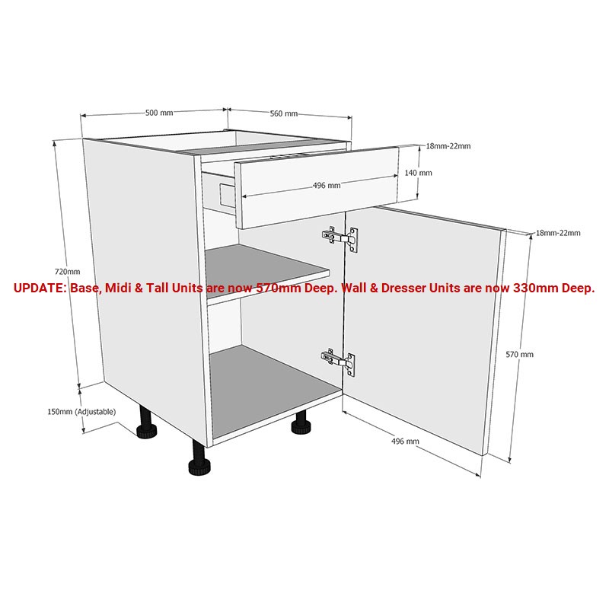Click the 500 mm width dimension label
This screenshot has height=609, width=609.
(x=159, y=113)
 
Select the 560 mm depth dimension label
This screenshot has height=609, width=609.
(x=284, y=113)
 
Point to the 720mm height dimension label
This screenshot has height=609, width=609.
(x=67, y=272)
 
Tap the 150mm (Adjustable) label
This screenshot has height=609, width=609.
(x=81, y=412)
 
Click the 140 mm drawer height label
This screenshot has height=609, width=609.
(x=419, y=173)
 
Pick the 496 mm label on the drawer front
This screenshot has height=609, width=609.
(x=327, y=185)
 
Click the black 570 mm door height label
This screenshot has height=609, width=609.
(x=520, y=354)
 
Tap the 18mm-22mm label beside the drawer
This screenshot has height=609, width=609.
(x=448, y=146)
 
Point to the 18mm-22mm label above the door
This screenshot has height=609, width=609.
(x=558, y=233)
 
